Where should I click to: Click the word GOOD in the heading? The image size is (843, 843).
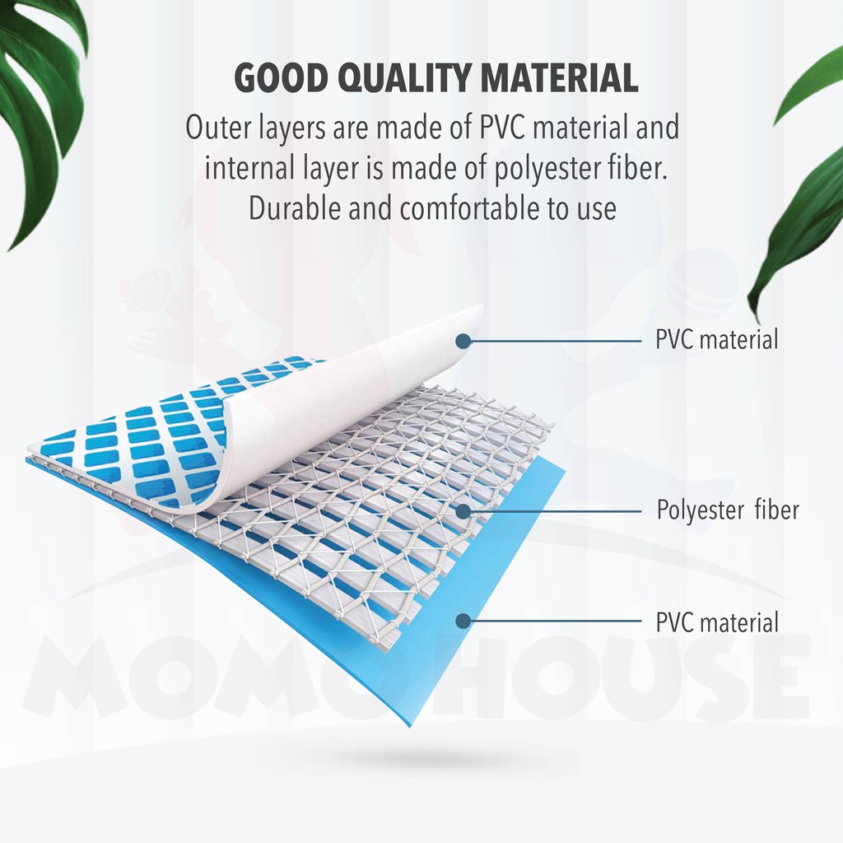pyautogui.click(x=282, y=78)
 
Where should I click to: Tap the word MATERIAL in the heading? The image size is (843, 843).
pyautogui.click(x=559, y=78)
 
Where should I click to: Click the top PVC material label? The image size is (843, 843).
pyautogui.click(x=717, y=340)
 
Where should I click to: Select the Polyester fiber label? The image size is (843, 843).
pyautogui.click(x=728, y=510)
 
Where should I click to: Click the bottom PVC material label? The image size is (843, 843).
pyautogui.click(x=717, y=622)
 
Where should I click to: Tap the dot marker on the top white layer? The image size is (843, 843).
pyautogui.click(x=463, y=341)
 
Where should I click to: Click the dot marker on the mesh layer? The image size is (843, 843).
pyautogui.click(x=463, y=510)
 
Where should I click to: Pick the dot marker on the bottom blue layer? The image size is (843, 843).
pyautogui.click(x=463, y=621)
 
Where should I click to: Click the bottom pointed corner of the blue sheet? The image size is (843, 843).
pyautogui.click(x=410, y=727)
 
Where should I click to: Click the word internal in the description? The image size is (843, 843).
pyautogui.click(x=249, y=168)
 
